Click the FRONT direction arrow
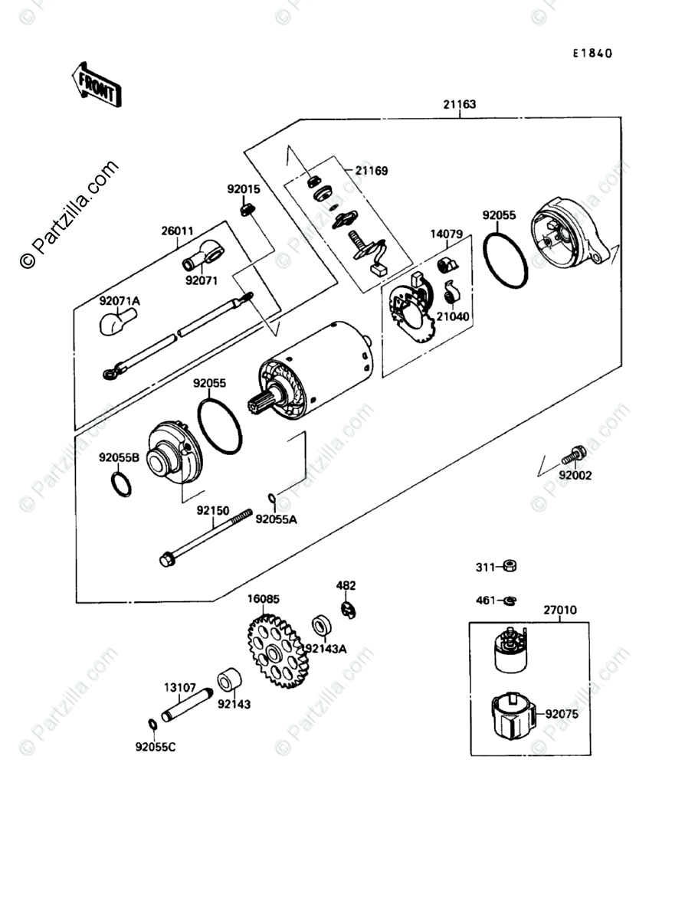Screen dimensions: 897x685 pyautogui.click(x=97, y=83)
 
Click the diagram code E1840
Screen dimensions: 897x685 pyautogui.click(x=594, y=54)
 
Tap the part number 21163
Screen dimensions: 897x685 pyautogui.click(x=458, y=104)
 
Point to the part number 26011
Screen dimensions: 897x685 pyautogui.click(x=177, y=229)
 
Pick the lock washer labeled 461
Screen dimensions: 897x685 pyautogui.click(x=507, y=601)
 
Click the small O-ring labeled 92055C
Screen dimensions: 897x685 pyautogui.click(x=152, y=724)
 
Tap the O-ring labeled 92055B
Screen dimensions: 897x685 pyautogui.click(x=121, y=484)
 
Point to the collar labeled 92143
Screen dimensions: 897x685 pyautogui.click(x=230, y=679)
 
